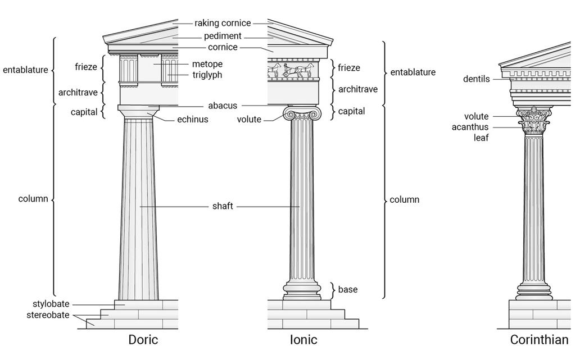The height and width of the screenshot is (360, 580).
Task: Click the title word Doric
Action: (x=143, y=340)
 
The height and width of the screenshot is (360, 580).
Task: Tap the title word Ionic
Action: (x=303, y=340)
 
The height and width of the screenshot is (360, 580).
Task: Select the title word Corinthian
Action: (x=539, y=340)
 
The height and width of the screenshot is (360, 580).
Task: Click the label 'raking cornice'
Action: (x=223, y=24)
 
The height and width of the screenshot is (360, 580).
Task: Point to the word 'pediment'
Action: (x=223, y=36)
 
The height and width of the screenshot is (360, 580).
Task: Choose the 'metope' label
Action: (x=207, y=64)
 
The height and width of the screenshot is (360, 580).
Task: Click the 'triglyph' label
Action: (x=207, y=75)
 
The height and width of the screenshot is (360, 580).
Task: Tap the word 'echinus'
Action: (x=193, y=119)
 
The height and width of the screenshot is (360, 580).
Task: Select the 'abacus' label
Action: (x=223, y=106)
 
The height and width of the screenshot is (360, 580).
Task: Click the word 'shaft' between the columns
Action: (x=223, y=206)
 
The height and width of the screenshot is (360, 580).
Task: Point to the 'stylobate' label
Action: (x=51, y=304)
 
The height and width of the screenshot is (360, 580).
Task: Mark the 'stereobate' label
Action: (x=48, y=315)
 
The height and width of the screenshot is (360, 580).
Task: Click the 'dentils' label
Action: (x=477, y=79)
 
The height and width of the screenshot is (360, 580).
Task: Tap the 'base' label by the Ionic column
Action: (x=348, y=290)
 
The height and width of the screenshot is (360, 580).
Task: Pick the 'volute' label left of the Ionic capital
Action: (x=249, y=119)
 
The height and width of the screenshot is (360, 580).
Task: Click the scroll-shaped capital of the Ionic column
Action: (x=302, y=114)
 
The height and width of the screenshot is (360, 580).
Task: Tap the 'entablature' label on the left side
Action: (x=25, y=70)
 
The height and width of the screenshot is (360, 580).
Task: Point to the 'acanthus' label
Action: (x=470, y=127)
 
